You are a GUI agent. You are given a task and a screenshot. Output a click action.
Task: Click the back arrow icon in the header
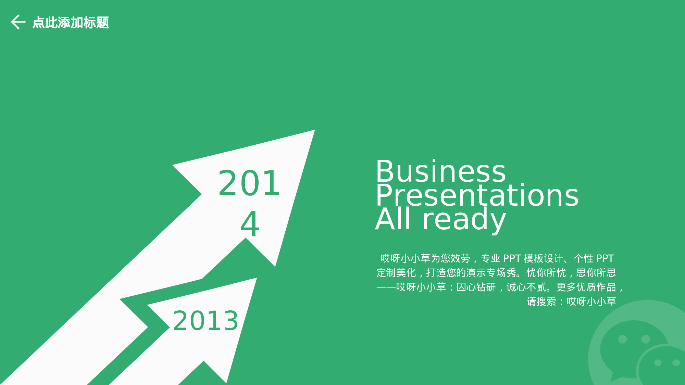tap(18, 22)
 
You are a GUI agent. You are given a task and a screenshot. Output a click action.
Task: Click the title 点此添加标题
tap(71, 23)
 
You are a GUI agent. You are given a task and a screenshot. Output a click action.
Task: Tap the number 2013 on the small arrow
tap(206, 321)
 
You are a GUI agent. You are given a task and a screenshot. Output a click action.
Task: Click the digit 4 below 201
tap(250, 224)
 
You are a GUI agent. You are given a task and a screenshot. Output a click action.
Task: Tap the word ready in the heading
tap(464, 221)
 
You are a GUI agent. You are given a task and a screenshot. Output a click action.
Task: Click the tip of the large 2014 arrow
tap(314, 130)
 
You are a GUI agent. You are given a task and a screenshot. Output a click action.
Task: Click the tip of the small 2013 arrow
tap(257, 278)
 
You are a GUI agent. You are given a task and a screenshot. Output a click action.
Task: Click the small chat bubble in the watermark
tap(663, 366)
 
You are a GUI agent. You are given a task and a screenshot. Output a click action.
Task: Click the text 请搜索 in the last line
tap(541, 301)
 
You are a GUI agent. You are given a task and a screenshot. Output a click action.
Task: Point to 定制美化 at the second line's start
tap(396, 273)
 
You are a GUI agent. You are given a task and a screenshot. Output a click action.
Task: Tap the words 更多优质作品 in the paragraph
tap(586, 287)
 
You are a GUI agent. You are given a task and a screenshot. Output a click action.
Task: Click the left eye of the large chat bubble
tap(622, 339)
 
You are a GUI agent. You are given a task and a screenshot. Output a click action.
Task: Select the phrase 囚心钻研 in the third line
tap(476, 287)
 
